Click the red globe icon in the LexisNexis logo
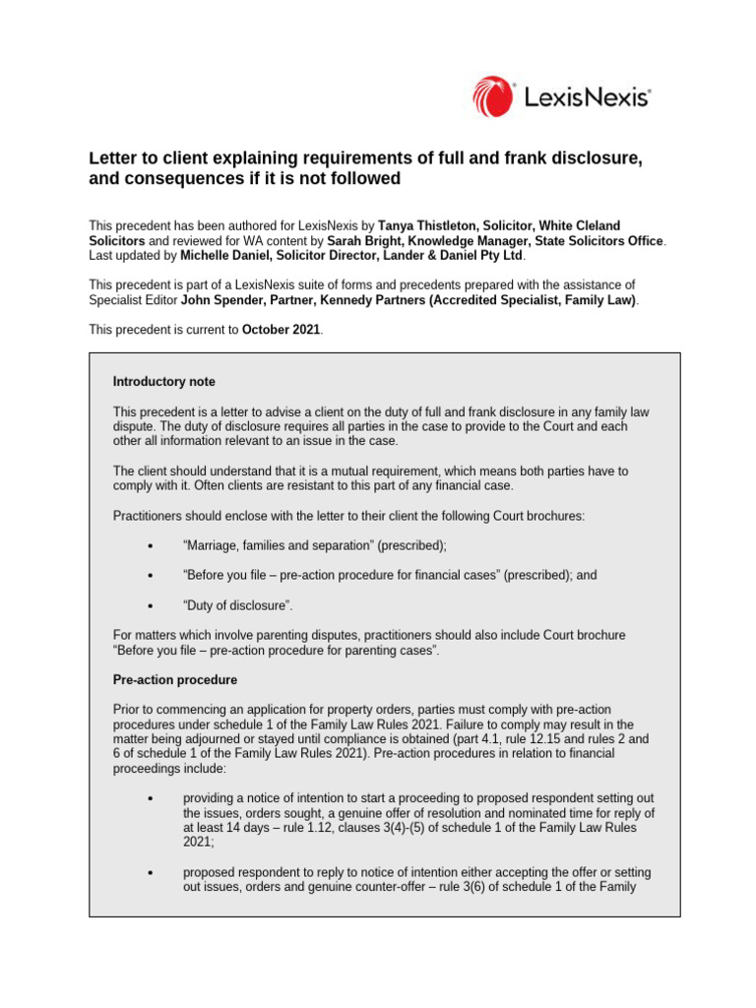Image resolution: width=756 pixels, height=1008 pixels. pos(491,97)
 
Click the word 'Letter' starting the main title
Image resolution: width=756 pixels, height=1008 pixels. pos(114,158)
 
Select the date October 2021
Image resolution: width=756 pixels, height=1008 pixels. pos(281,330)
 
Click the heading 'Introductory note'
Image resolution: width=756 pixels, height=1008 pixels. pos(163,381)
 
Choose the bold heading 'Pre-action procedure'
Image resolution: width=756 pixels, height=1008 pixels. pos(175,680)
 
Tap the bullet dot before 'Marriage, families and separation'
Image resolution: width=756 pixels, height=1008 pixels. pos(150,545)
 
